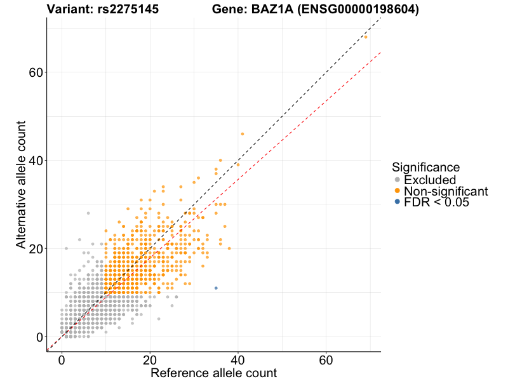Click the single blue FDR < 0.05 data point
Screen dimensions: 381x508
[216, 288]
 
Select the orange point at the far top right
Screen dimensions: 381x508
[366, 37]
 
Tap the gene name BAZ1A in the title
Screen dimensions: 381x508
[272, 10]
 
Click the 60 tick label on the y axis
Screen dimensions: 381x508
[36, 72]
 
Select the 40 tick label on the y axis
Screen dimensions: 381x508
[36, 161]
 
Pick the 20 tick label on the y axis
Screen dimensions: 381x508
[36, 249]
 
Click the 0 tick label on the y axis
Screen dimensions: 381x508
[39, 337]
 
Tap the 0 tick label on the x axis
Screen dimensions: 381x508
[62, 360]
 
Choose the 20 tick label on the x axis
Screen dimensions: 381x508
[150, 360]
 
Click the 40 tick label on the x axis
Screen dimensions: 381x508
[238, 360]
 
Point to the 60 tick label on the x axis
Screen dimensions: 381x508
[326, 360]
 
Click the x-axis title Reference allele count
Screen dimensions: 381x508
[213, 373]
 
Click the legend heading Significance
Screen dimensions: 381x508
[425, 168]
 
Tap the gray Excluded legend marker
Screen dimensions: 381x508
[398, 180]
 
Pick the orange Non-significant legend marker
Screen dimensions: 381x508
[398, 191]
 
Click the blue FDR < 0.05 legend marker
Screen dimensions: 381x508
[398, 202]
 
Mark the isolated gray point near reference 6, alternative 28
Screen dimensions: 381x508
[88, 213]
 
